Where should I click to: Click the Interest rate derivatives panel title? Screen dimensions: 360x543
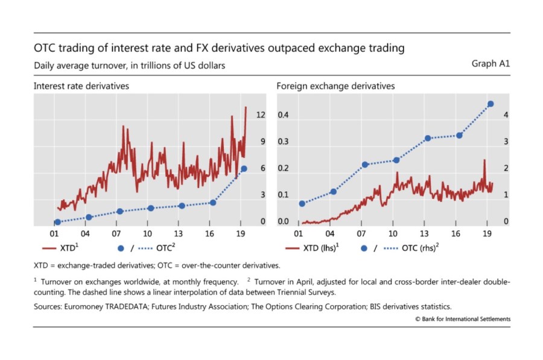[81, 86]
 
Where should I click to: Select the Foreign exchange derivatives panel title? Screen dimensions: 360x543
[335, 86]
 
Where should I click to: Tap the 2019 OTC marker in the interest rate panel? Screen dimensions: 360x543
[244, 169]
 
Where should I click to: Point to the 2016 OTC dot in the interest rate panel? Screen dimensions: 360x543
[212, 203]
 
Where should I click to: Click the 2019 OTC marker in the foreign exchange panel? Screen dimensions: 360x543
[491, 104]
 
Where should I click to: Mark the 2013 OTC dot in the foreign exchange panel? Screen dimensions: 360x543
[428, 138]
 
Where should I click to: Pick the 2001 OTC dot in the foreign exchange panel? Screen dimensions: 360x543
[302, 203]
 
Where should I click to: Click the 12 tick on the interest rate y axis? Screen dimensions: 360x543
[261, 115]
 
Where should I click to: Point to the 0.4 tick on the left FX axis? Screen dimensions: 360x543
[282, 115]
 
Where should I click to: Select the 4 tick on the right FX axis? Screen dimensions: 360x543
[506, 115]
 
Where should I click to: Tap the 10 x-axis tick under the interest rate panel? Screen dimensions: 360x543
[148, 233]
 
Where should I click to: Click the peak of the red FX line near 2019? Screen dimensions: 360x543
[484, 160]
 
